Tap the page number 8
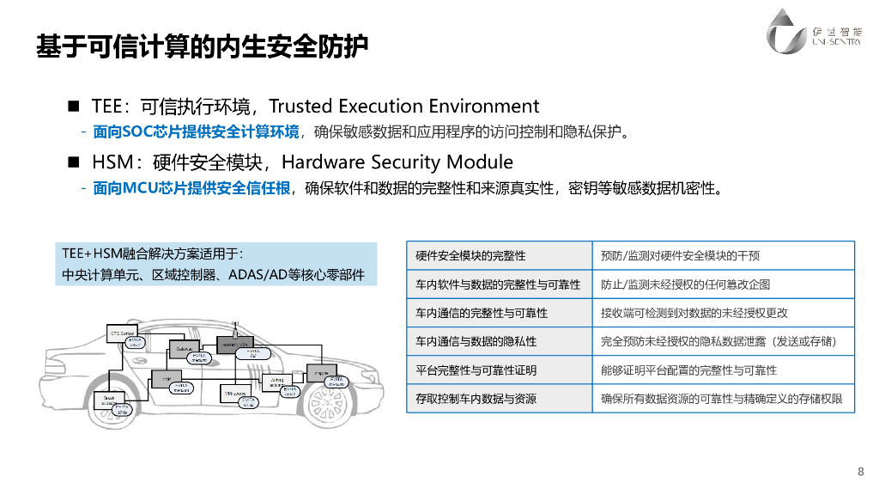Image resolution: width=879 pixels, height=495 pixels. tap(860, 471)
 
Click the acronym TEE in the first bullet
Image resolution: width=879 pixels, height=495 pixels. tap(108, 107)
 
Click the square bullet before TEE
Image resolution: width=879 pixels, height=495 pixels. tap(74, 107)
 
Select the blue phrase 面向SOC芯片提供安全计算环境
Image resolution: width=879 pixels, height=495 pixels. tap(196, 132)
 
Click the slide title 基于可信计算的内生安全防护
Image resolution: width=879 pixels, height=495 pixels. tap(202, 46)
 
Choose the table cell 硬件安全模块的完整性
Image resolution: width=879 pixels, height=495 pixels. tap(470, 256)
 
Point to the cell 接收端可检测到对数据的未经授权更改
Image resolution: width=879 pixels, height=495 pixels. tap(694, 313)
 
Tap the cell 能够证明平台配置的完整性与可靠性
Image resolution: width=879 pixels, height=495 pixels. tap(688, 370)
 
